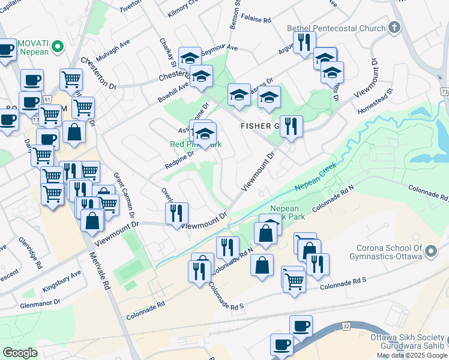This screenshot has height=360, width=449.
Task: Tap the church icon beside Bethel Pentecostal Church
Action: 394,28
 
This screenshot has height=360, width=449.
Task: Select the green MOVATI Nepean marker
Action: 58,46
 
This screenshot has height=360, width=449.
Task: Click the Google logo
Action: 20,353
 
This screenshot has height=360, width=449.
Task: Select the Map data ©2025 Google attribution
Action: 411,355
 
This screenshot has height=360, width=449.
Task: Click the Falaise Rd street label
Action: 256,19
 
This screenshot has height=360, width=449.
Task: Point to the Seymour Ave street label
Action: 221,49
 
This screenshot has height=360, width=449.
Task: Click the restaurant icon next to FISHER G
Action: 291,127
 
